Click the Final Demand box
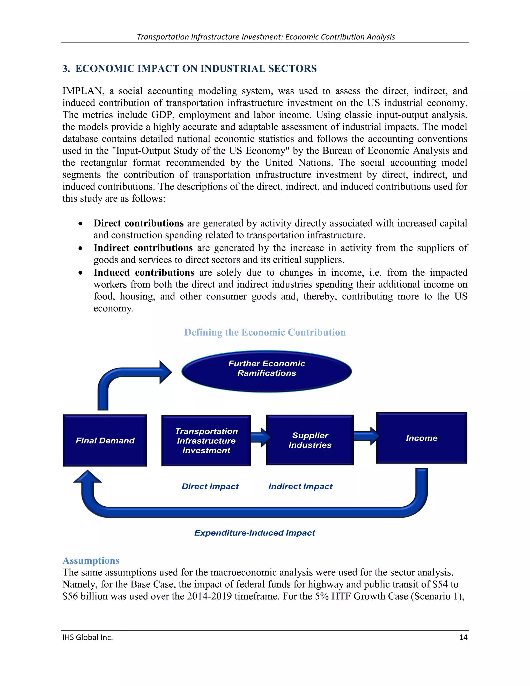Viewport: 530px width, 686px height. (x=105, y=440)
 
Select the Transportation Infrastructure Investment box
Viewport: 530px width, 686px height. (x=206, y=440)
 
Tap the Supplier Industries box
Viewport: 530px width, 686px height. (x=310, y=440)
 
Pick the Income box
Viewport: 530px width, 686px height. (x=421, y=438)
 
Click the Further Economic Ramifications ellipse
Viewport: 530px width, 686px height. (x=267, y=371)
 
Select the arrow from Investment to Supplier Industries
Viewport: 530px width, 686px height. (x=260, y=437)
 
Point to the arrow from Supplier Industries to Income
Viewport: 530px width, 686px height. (x=366, y=436)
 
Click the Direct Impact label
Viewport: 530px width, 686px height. (x=210, y=487)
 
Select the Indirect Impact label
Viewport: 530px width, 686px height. (x=300, y=487)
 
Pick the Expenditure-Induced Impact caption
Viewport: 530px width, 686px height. (x=254, y=533)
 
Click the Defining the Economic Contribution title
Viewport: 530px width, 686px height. (x=265, y=332)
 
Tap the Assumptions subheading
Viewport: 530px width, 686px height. (x=91, y=561)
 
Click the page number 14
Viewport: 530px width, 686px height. (x=463, y=637)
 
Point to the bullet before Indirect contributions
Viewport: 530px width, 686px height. (x=81, y=249)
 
